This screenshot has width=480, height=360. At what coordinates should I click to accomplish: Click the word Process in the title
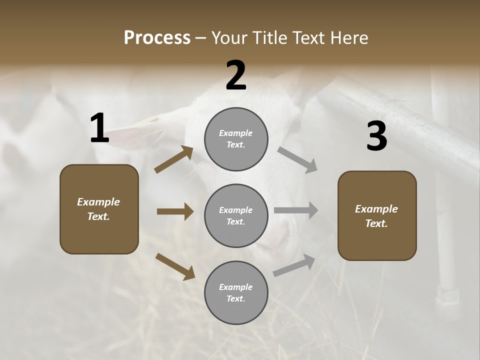coord(157,37)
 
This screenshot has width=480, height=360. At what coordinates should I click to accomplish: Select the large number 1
coord(99,128)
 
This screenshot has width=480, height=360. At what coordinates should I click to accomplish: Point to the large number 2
coord(236,75)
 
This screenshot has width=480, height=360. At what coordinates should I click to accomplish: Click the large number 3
coord(376,136)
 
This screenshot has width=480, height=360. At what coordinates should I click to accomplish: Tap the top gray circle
coord(236,139)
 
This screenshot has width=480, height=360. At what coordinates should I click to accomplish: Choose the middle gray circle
coord(236,215)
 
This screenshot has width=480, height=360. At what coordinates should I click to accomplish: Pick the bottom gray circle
coord(236,292)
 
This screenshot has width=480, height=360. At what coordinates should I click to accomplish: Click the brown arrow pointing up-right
coord(174,159)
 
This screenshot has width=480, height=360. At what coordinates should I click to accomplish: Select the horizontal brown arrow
coord(175,211)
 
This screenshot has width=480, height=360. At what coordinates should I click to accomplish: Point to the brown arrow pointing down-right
coord(175,266)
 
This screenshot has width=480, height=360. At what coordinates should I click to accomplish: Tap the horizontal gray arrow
coord(295,211)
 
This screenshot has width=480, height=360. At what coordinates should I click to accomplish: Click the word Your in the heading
coord(229,37)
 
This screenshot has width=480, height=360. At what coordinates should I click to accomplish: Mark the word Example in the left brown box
coord(98,202)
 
